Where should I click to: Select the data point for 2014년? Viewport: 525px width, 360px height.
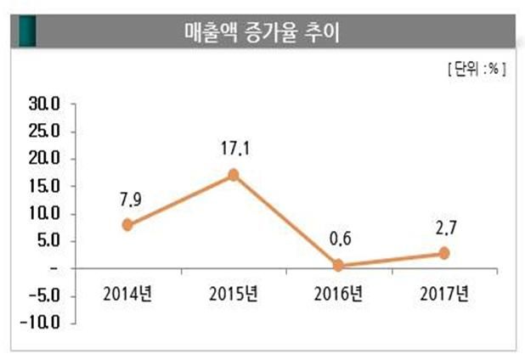(x=127, y=225)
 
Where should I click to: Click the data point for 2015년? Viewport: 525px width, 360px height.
(x=234, y=175)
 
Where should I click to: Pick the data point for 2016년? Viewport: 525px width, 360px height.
(x=339, y=266)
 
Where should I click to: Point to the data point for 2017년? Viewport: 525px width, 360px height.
(x=444, y=254)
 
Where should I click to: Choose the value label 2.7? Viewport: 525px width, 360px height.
(x=444, y=229)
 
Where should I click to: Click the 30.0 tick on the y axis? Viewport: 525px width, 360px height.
(x=43, y=104)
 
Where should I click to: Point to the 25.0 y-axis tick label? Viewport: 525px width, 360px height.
(x=43, y=132)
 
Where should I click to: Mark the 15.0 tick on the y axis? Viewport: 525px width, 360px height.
(x=43, y=186)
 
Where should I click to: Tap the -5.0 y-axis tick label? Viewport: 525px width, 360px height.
(x=41, y=295)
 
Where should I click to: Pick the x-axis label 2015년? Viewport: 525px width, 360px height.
(x=234, y=295)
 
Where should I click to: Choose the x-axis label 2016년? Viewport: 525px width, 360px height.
(x=339, y=295)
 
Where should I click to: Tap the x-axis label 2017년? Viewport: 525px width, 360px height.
(x=444, y=295)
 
